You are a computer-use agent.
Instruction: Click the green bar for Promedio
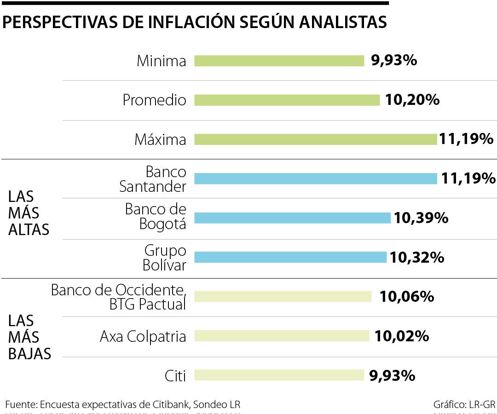pyautogui.click(x=287, y=100)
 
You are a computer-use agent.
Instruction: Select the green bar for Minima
pyautogui.click(x=279, y=61)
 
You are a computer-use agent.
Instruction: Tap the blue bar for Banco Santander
pyautogui.click(x=315, y=178)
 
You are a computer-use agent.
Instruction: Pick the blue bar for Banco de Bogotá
pyautogui.click(x=292, y=218)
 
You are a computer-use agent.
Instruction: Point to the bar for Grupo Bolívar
pyautogui.click(x=290, y=257)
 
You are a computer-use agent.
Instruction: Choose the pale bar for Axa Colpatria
pyautogui.click(x=282, y=336)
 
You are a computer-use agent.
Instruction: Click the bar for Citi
pyautogui.click(x=279, y=375)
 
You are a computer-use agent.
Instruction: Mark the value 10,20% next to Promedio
pyautogui.click(x=412, y=100)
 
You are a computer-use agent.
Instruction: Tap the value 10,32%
pyautogui.click(x=417, y=257)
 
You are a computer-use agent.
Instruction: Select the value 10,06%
pyautogui.click(x=406, y=297)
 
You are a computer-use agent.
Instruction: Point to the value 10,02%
pyautogui.click(x=402, y=336)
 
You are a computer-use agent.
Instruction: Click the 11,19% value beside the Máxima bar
pyautogui.click(x=466, y=139)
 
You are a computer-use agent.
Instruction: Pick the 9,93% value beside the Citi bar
pyautogui.click(x=392, y=375)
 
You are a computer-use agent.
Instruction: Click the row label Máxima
pyautogui.click(x=160, y=139)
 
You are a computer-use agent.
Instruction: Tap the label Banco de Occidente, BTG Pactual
pyautogui.click(x=118, y=297)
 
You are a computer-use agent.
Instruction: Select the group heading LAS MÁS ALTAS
pyautogui.click(x=29, y=213)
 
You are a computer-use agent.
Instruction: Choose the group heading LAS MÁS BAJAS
pyautogui.click(x=29, y=337)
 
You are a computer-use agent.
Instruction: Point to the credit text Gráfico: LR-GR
pyautogui.click(x=464, y=405)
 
